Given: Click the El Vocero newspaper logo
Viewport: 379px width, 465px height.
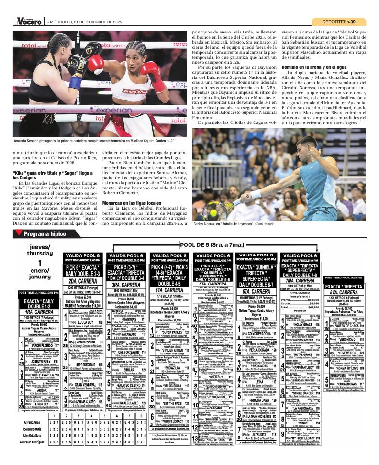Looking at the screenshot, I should (x=28, y=22).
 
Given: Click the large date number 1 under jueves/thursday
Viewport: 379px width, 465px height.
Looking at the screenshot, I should (x=40, y=263).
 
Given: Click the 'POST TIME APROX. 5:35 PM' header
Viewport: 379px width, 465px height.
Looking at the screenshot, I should (x=344, y=278).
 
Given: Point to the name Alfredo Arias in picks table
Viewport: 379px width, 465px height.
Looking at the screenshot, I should (x=31, y=422).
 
